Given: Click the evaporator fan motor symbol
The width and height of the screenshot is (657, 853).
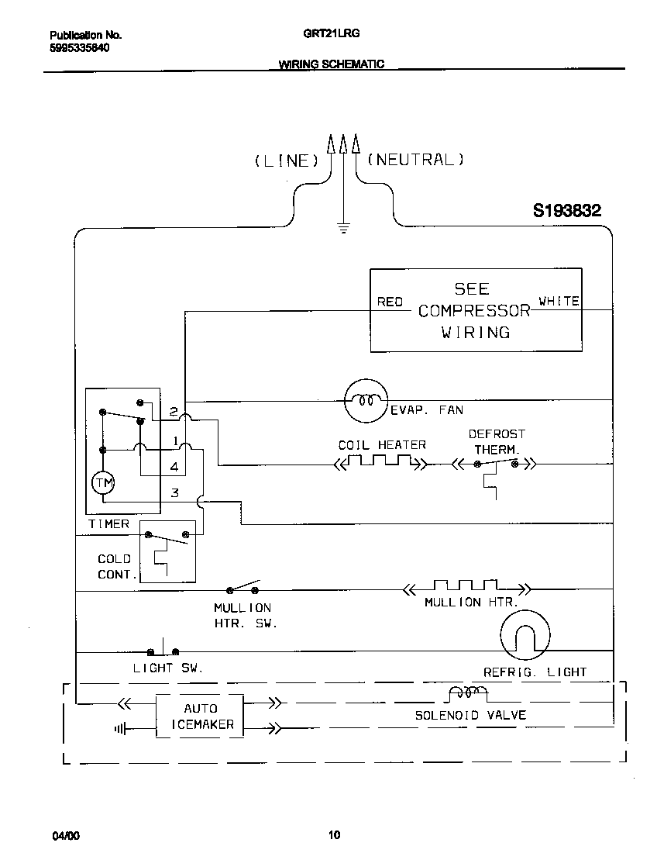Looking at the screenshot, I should [364, 401].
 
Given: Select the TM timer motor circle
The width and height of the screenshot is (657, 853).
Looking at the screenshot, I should [103, 483].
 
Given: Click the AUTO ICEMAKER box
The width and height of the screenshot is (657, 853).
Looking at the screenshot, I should [201, 717].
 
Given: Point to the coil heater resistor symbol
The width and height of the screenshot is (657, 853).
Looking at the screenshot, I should [379, 464].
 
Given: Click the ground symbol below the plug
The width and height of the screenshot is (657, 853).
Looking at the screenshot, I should [342, 227].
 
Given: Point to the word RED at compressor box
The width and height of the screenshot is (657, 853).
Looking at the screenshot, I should [390, 302].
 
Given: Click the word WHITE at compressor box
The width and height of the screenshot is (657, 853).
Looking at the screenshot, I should [559, 301].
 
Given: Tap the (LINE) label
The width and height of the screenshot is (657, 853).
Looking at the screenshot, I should [286, 161].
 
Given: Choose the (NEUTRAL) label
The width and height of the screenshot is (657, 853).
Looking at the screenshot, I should [414, 160].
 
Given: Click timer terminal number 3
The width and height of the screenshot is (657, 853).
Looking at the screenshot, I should [175, 492].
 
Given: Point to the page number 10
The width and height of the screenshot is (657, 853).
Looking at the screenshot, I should [333, 835].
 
